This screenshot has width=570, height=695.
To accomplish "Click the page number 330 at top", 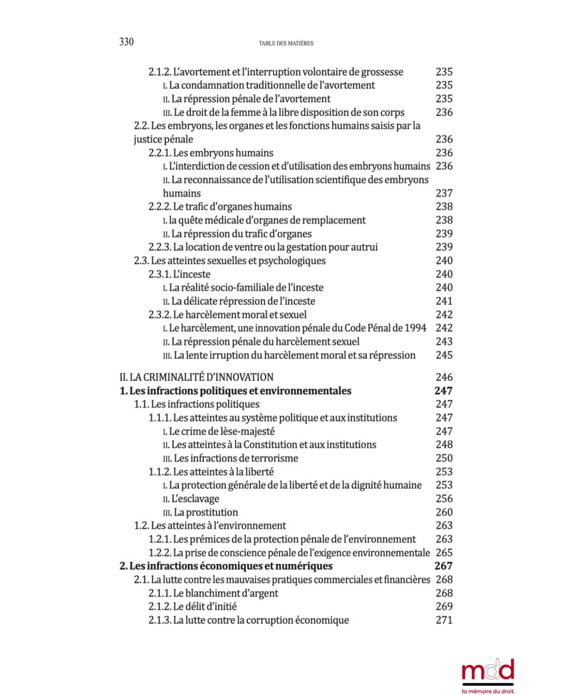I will tap(126, 42).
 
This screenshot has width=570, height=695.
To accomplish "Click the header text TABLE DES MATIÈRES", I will tap(286, 43).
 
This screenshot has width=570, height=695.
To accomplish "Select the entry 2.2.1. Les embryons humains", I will tap(211, 153).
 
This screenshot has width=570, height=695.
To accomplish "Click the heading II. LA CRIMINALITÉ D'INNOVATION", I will tap(196, 377).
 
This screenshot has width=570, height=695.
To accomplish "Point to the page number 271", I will tap(444, 620).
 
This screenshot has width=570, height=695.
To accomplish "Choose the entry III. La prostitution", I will tap(200, 513).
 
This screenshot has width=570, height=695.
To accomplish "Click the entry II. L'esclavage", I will tap(191, 499).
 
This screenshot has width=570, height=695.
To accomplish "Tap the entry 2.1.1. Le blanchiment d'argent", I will tap(213, 593).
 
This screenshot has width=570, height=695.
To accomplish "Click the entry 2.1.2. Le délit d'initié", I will tap(192, 607).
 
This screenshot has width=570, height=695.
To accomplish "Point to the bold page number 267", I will tap(444, 566).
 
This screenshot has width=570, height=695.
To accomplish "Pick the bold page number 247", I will tap(444, 391).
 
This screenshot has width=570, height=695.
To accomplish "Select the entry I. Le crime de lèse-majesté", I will tap(219, 432).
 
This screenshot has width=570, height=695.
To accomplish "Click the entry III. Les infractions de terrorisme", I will tap(230, 459).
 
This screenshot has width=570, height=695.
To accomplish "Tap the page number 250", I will tap(444, 459).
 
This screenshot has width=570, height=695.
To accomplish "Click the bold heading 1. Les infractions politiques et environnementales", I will tap(235, 391).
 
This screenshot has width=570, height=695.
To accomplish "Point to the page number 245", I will tap(444, 355).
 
